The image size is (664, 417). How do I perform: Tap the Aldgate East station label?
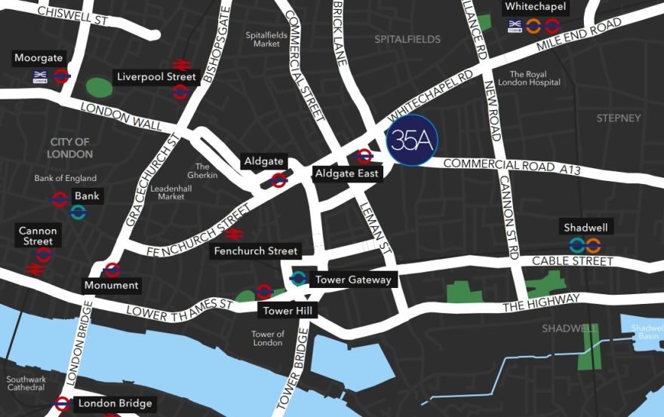[348, 174]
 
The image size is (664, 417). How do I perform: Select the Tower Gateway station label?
[352, 280]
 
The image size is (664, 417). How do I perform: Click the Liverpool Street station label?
[156, 77]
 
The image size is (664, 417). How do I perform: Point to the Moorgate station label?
[38, 58]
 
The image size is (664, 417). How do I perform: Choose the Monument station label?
[111, 285]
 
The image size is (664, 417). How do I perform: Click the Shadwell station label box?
[585, 228]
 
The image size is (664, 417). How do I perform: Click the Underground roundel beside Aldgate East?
[364, 156]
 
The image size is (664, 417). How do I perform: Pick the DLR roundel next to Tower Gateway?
[298, 279]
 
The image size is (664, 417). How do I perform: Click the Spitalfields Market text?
[262, 39]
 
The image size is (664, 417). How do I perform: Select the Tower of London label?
[267, 339]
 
